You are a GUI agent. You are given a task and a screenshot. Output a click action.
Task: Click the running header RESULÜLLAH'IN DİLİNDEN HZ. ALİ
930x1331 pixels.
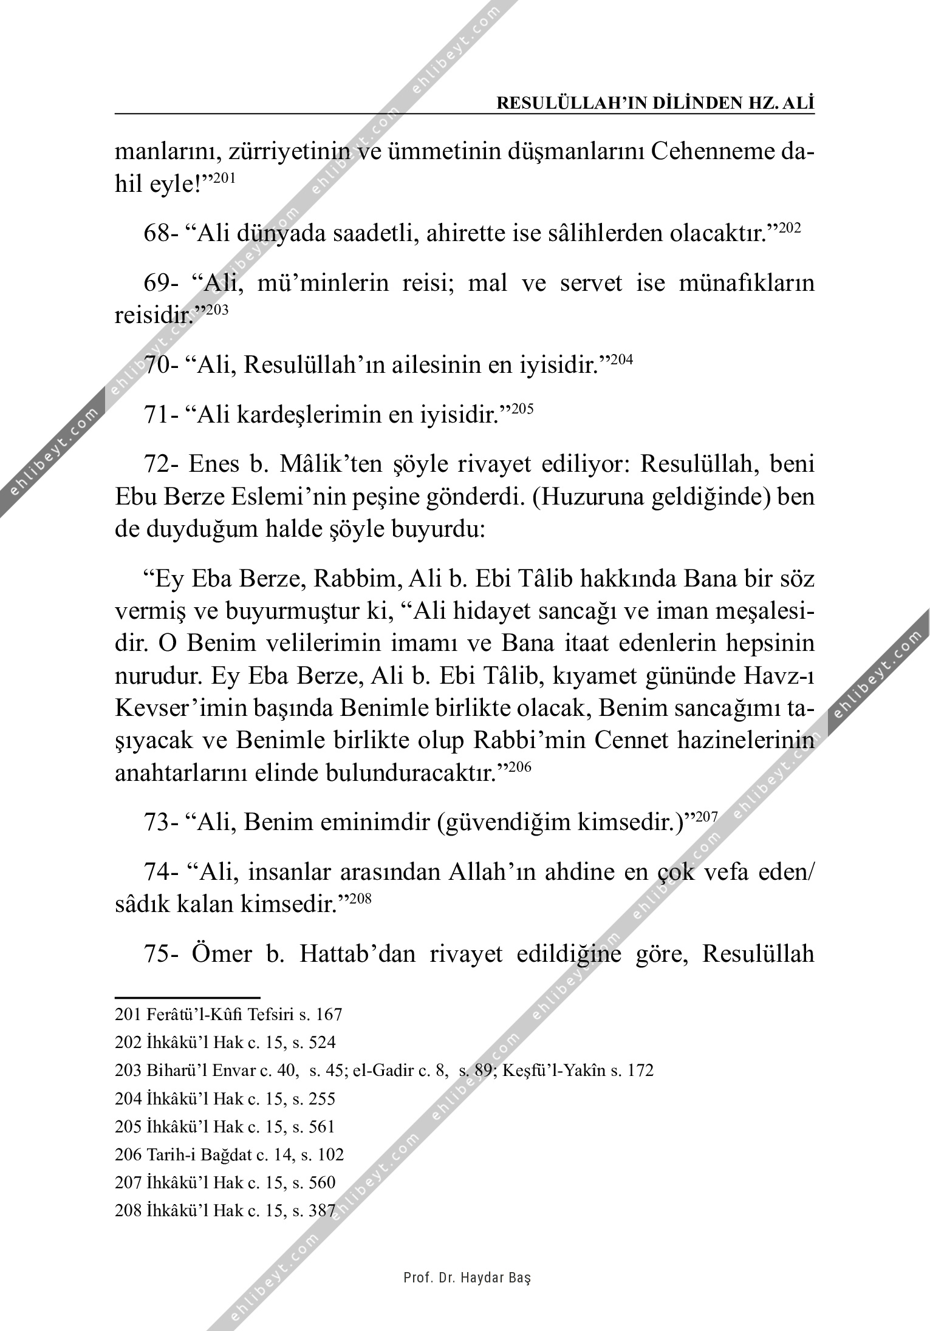click(x=655, y=103)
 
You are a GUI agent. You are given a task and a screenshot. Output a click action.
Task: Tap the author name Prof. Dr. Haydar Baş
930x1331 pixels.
click(x=467, y=1278)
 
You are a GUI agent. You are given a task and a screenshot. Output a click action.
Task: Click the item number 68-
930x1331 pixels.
click(x=160, y=234)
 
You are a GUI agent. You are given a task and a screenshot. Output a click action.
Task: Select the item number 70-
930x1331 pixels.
click(x=160, y=366)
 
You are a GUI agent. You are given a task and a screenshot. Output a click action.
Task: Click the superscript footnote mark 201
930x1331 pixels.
click(x=222, y=179)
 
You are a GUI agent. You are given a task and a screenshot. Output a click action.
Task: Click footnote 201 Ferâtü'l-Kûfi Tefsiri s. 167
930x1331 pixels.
click(x=228, y=1015)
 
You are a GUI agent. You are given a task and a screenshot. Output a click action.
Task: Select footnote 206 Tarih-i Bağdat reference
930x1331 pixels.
click(x=229, y=1154)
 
